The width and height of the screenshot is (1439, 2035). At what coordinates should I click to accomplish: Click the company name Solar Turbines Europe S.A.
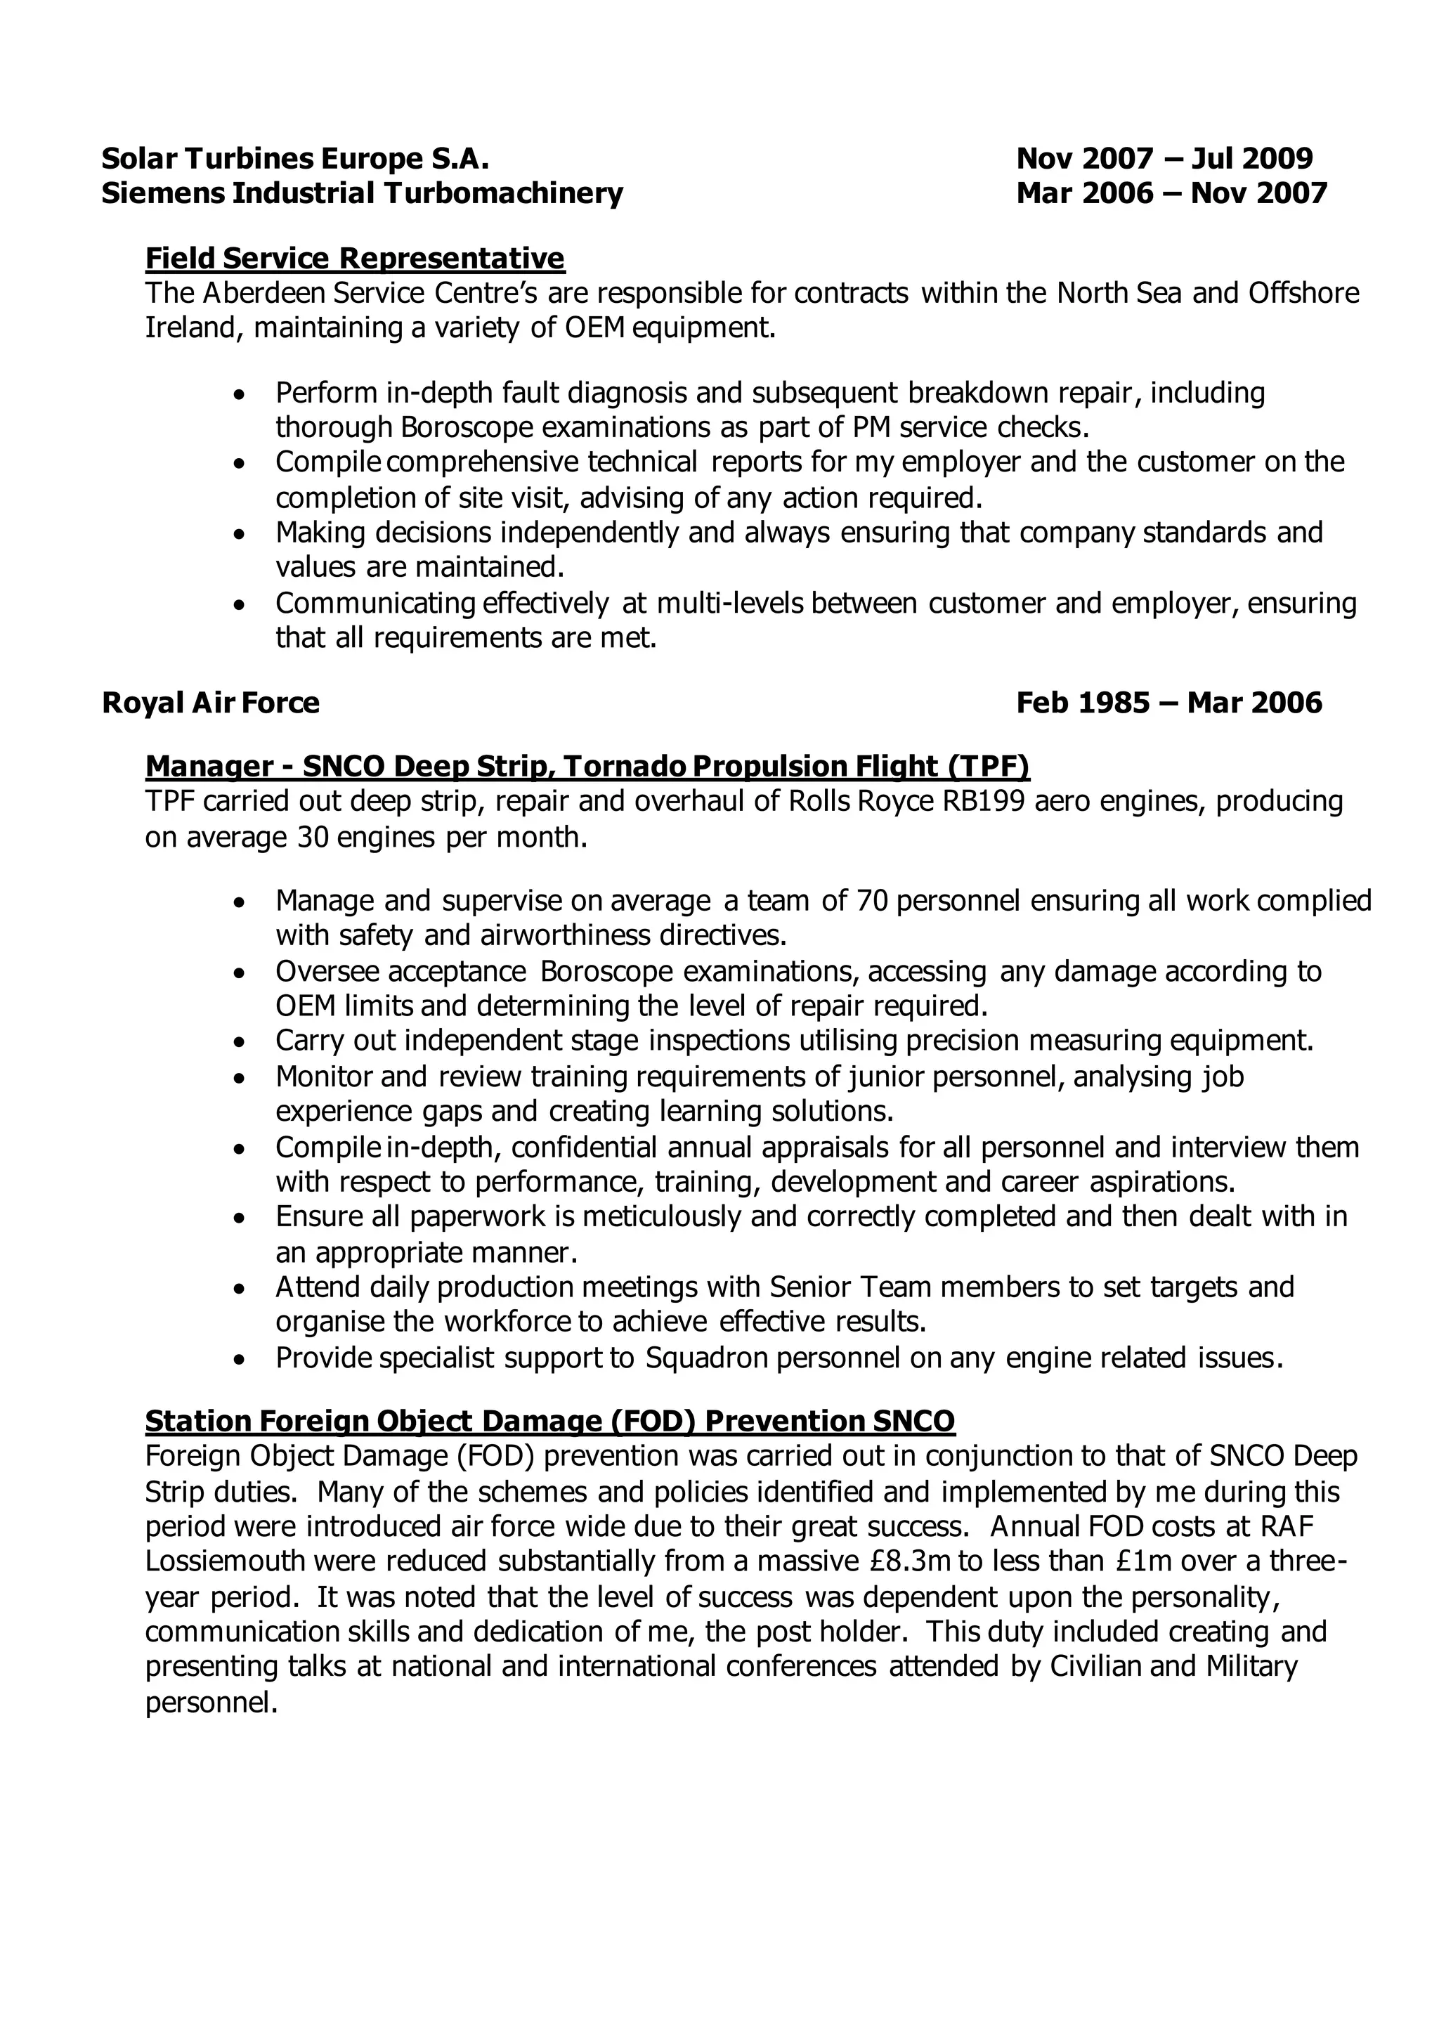tap(295, 159)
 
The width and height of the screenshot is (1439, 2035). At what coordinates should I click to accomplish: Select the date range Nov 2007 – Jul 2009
tap(1164, 159)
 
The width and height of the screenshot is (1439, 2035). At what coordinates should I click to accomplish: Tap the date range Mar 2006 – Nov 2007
tap(1171, 193)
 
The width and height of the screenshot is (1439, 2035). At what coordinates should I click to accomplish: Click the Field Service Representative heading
tap(354, 258)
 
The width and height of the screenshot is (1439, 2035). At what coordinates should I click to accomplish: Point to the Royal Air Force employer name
tap(211, 703)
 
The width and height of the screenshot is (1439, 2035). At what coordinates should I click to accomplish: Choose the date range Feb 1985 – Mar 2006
tap(1168, 703)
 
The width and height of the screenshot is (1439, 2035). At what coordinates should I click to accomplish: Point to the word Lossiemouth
tap(225, 1561)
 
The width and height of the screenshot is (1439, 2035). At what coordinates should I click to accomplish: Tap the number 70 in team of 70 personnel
tap(873, 901)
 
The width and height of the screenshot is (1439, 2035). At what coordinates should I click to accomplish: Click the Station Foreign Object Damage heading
tap(549, 1422)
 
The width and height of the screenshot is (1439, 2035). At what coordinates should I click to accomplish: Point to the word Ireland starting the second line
tap(194, 328)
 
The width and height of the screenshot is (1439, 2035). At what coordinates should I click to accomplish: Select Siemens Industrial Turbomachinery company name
tap(363, 193)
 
